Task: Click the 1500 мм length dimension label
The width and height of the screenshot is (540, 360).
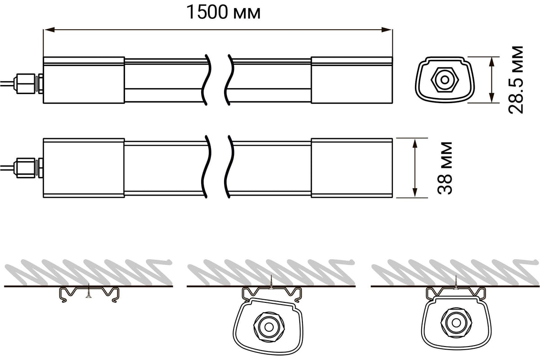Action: (x=224, y=12)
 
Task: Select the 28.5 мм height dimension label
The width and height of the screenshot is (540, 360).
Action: (x=516, y=80)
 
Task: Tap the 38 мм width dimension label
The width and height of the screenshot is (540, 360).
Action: (x=445, y=168)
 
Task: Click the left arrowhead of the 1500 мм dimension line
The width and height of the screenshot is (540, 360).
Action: (x=49, y=30)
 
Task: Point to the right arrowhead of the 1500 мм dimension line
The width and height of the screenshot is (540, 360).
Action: (x=387, y=30)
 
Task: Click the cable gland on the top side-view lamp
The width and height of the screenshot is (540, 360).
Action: (x=28, y=83)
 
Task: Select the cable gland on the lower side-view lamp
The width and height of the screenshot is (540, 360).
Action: (x=28, y=168)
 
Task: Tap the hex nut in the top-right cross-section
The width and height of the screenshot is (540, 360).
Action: (x=445, y=80)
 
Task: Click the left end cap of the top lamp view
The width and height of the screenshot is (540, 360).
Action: (x=84, y=80)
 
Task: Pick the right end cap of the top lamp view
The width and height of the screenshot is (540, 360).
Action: (x=352, y=80)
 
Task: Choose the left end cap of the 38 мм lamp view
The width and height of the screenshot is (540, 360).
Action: (x=84, y=168)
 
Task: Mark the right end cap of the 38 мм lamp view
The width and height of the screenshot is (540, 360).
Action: (x=352, y=168)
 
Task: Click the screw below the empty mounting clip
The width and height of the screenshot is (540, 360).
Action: (x=89, y=291)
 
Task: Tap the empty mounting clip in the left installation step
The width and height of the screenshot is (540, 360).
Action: (x=90, y=295)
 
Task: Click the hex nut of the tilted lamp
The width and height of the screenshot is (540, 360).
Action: (x=269, y=327)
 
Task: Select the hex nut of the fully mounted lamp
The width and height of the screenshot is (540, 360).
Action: (x=456, y=322)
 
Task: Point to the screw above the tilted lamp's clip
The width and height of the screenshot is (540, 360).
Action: (x=272, y=282)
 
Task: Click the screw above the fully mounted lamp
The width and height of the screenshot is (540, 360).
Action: (x=456, y=282)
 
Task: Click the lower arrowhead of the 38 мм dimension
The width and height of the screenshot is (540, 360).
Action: (x=415, y=192)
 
